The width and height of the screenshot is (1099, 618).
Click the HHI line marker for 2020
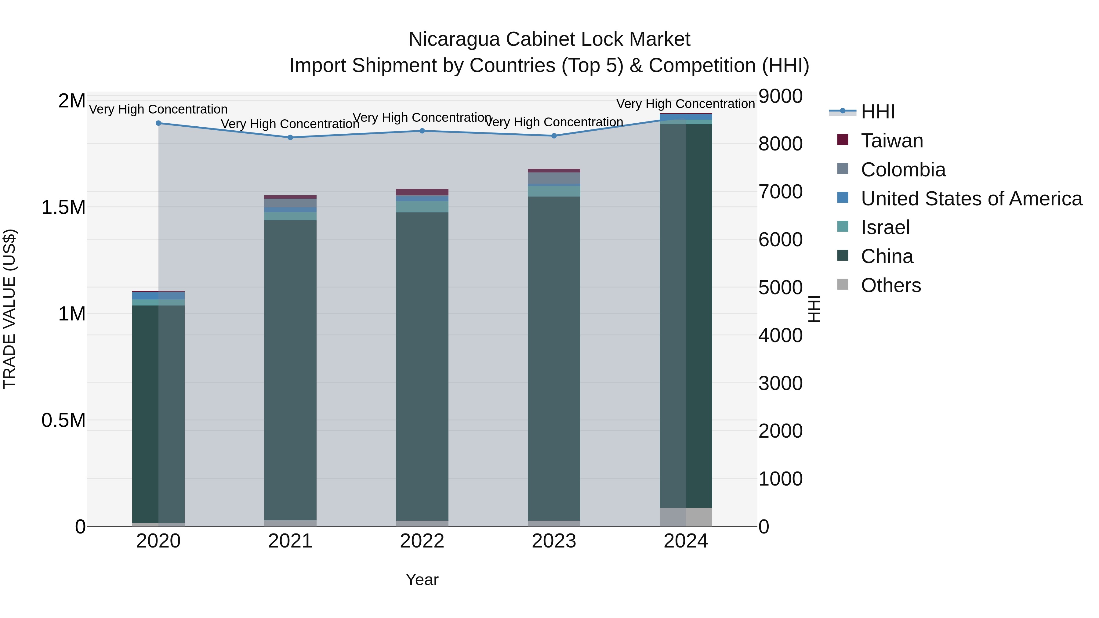(158, 123)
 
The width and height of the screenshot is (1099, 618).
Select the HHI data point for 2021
(290, 137)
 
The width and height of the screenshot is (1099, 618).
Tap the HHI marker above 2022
(422, 131)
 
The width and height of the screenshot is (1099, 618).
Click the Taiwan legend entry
(892, 141)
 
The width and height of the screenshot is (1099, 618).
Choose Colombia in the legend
(903, 170)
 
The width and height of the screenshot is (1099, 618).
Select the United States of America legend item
(971, 199)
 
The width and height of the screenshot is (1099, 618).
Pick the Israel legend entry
(885, 227)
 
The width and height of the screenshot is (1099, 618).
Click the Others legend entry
(890, 285)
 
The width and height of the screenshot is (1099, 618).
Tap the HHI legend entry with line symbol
(878, 112)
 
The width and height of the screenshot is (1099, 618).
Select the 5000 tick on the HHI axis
(780, 287)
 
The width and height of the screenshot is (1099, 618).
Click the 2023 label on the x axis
(554, 541)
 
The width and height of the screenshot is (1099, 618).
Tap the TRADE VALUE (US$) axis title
(9, 309)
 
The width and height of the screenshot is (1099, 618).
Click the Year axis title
(422, 580)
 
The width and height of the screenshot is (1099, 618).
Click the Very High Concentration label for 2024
(686, 104)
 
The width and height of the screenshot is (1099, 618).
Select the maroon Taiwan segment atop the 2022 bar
(422, 192)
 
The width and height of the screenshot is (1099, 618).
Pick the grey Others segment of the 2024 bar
(686, 517)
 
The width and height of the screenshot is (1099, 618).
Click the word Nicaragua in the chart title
(454, 40)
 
